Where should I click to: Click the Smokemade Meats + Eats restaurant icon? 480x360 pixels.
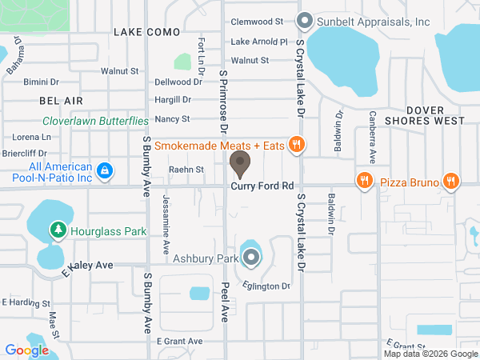[297, 145]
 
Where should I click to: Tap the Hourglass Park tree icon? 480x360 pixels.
[58, 230]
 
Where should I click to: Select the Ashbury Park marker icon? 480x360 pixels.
[252, 258]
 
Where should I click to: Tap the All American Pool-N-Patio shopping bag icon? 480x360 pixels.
[105, 170]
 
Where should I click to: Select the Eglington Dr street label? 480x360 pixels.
[268, 286]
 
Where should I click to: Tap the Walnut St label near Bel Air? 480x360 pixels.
[120, 71]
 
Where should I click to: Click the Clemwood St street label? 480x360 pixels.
[257, 22]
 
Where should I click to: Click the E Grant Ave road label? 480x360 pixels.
[179, 340]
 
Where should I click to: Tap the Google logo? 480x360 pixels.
[26, 350]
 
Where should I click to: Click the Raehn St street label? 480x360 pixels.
[186, 169]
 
